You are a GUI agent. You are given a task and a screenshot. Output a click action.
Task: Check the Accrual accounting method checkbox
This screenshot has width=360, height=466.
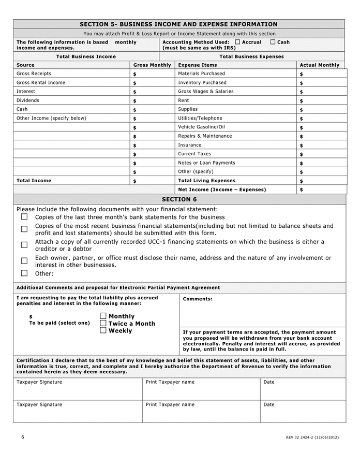click(x=237, y=42)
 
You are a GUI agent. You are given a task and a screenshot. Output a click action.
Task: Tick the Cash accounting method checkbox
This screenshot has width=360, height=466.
click(x=273, y=42)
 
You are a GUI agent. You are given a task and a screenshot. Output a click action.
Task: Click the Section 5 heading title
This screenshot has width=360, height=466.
click(x=178, y=24)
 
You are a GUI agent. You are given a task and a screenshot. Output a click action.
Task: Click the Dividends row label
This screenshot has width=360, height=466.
click(x=28, y=100)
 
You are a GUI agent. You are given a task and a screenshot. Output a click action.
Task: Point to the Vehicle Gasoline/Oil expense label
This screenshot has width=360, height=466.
click(x=201, y=127)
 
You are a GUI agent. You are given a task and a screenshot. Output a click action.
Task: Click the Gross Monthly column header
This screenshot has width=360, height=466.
click(x=152, y=65)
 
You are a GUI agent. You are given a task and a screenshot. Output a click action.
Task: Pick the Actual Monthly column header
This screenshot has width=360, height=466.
click(x=320, y=65)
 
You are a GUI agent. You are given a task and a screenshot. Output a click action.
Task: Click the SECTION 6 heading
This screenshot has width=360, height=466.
click(x=179, y=199)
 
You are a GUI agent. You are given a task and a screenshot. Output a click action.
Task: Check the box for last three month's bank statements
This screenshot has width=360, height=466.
click(x=24, y=217)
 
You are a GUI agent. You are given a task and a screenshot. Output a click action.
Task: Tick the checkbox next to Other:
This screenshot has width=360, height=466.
click(x=24, y=273)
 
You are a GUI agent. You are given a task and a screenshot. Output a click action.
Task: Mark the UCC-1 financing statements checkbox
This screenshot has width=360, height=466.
click(x=24, y=245)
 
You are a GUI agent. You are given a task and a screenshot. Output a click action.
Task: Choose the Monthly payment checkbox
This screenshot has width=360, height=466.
click(x=103, y=316)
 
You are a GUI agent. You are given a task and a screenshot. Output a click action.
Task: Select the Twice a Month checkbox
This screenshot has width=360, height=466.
click(x=103, y=323)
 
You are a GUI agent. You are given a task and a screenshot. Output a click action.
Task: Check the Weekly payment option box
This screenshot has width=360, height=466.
click(x=103, y=330)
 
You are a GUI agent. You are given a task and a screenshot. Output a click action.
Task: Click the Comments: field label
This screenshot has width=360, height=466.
click(x=198, y=299)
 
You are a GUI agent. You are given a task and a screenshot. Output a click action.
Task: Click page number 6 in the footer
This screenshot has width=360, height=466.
click(x=23, y=437)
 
